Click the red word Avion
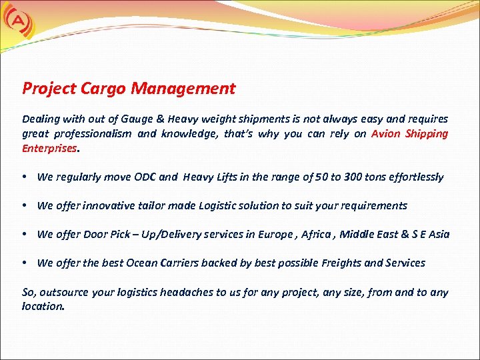pyautogui.click(x=386, y=133)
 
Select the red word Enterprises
pyautogui.click(x=50, y=148)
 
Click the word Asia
pyautogui.click(x=438, y=234)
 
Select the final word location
pyautogui.click(x=43, y=307)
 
